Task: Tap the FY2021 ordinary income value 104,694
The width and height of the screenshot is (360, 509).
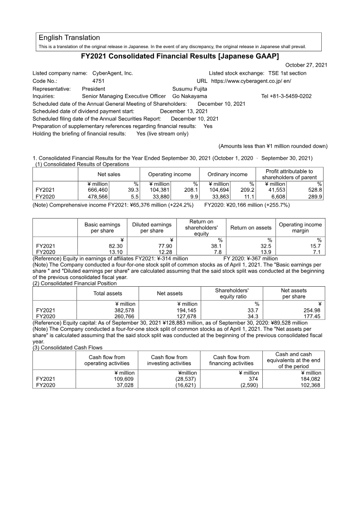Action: tap(219, 190)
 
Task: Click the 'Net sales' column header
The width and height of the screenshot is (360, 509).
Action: tap(109, 174)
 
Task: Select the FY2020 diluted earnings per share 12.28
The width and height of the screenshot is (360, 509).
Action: tap(163, 252)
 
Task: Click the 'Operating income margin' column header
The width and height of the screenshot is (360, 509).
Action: tap(300, 228)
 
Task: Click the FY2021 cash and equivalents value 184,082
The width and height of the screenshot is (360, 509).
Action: tap(310, 379)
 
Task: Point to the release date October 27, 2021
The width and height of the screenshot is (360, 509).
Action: tap(306, 65)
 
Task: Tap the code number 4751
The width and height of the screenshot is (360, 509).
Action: tap(98, 81)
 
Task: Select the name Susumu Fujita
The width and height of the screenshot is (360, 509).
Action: tap(190, 89)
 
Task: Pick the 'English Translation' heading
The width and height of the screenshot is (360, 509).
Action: tap(69, 37)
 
